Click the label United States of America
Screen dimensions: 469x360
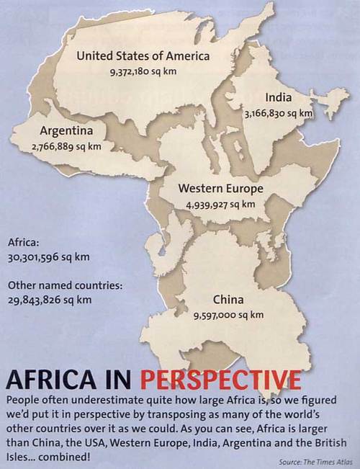click(x=143, y=55)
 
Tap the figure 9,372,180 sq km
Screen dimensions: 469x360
click(x=143, y=71)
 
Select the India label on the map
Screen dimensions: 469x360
click(x=278, y=97)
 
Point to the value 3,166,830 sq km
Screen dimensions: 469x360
click(x=278, y=113)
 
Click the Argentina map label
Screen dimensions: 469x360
click(x=66, y=131)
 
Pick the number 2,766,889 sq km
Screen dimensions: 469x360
click(x=66, y=146)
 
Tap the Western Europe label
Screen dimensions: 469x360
click(x=220, y=189)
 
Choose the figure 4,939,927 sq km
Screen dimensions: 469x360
click(x=220, y=204)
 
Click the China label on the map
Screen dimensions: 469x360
click(x=228, y=299)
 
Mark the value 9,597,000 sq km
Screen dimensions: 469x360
click(x=228, y=315)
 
